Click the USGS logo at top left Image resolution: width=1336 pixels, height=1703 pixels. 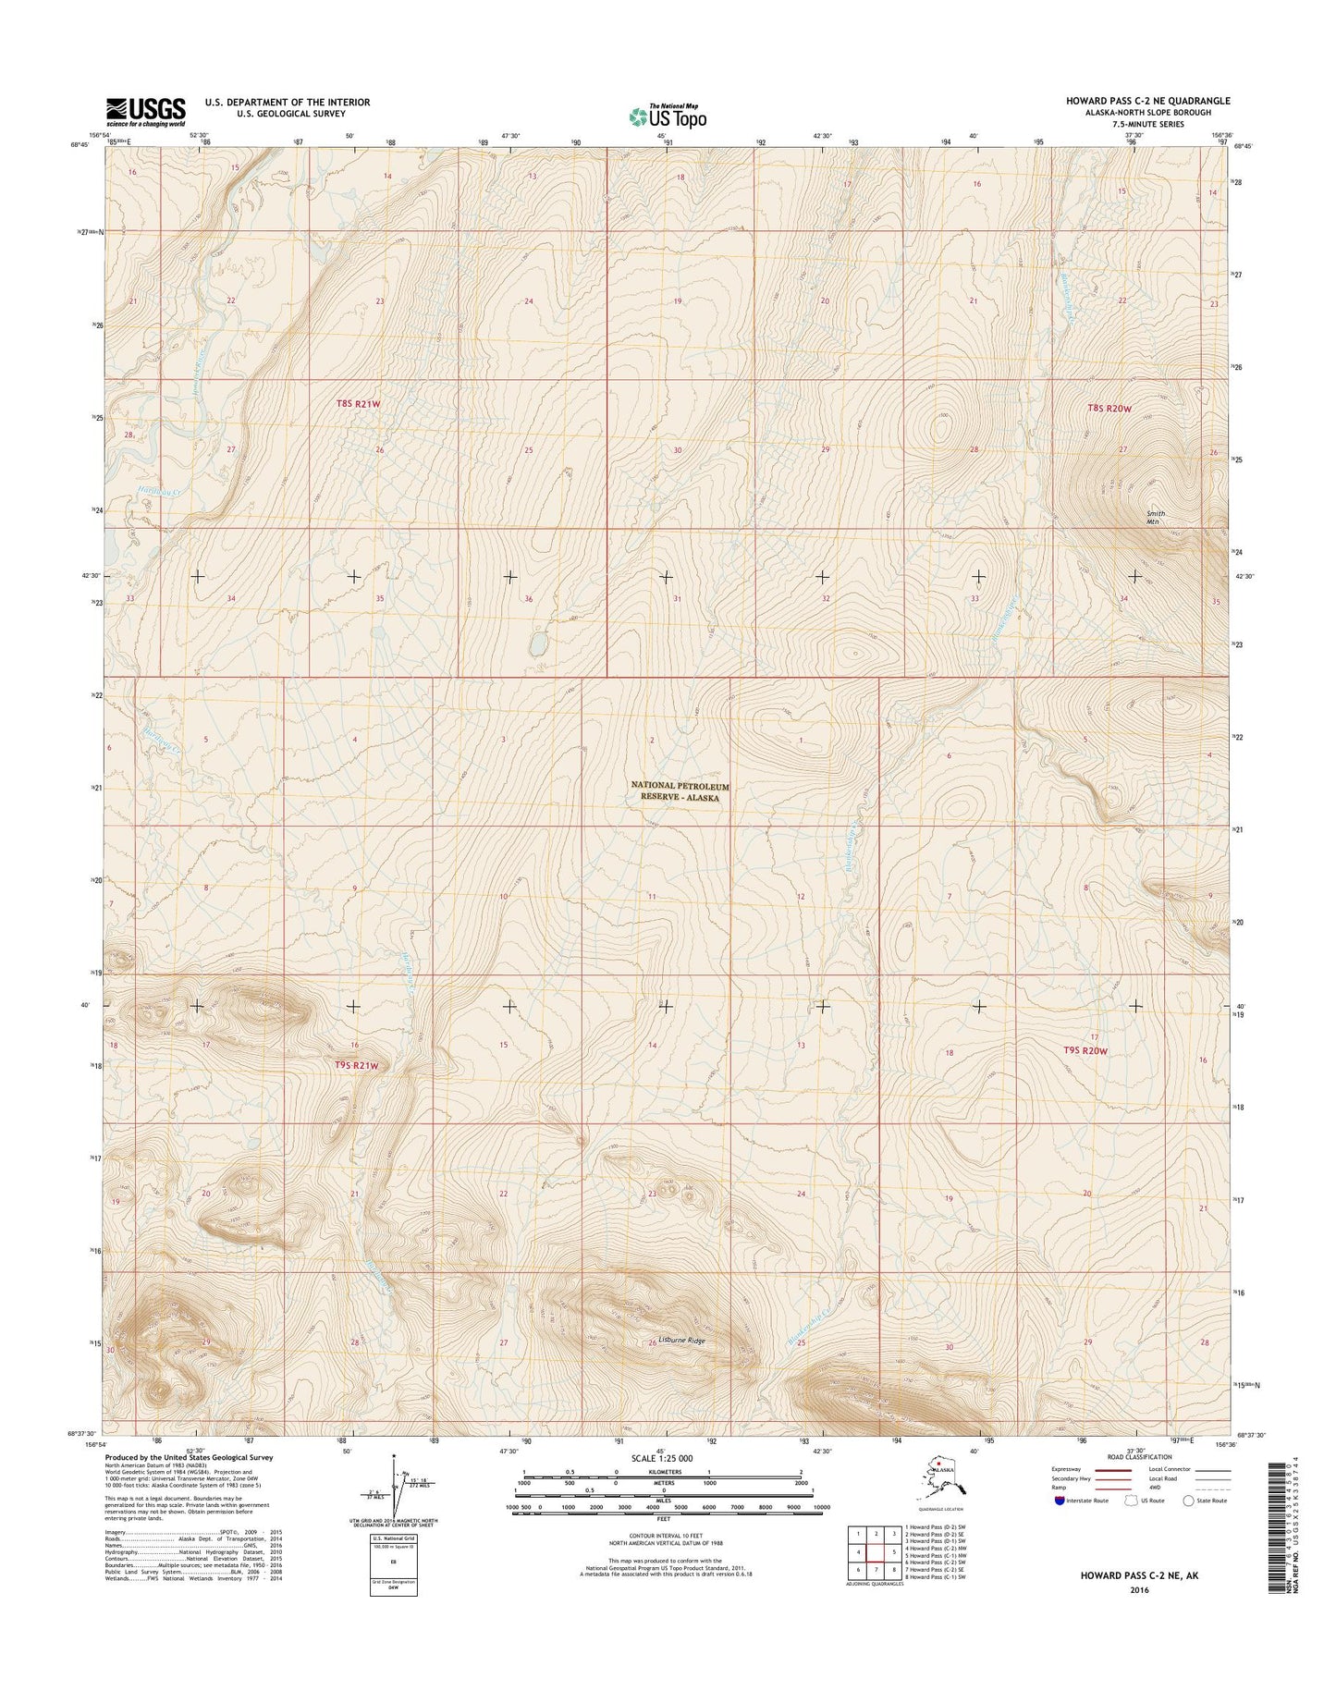[145, 112]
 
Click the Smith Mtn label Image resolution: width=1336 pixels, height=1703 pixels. [1155, 518]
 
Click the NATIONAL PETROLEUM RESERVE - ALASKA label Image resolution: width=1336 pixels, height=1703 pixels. [680, 791]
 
